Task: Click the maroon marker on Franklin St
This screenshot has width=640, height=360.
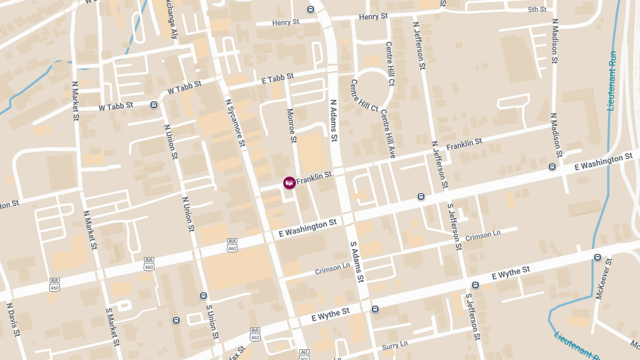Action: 290,183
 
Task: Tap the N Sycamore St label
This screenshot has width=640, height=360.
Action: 235,123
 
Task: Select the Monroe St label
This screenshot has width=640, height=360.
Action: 292,126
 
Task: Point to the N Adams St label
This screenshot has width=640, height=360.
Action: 334,120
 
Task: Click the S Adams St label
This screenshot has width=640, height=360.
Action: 357,261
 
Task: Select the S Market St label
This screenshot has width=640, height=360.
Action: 112,325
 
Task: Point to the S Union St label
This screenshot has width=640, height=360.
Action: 213,323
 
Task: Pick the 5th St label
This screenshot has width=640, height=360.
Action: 537,10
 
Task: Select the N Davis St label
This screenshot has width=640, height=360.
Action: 13,320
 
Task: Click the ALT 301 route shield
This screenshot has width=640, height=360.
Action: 304,354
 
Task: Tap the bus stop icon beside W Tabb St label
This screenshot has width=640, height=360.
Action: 154,105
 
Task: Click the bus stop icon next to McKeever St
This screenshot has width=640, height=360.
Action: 597,258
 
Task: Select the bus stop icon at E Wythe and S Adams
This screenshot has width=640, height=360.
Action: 375,309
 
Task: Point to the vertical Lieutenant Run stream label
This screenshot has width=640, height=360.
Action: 612,81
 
